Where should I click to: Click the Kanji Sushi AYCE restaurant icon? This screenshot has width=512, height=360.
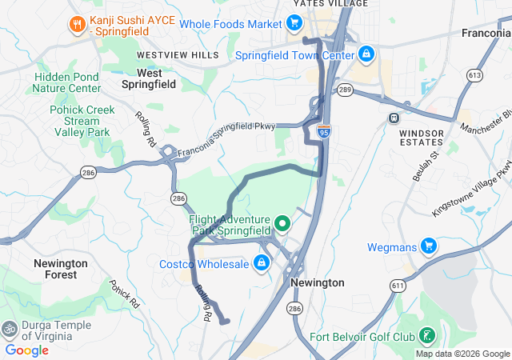click(77, 24)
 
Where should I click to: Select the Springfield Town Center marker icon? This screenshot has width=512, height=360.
click(366, 54)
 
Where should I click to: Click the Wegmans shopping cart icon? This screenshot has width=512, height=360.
click(429, 246)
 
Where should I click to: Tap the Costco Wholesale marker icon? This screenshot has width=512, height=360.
click(261, 262)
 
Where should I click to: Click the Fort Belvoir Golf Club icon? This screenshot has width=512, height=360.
click(427, 334)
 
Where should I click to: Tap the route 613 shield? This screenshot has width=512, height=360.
click(475, 75)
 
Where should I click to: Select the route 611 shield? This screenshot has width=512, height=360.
click(398, 285)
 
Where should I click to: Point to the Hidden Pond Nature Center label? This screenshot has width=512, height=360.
click(68, 82)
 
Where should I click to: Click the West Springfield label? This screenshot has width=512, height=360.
click(148, 78)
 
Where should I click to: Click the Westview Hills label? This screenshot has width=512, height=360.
click(178, 54)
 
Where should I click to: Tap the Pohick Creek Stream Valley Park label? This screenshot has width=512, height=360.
click(80, 121)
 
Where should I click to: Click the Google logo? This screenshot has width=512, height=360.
click(27, 350)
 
